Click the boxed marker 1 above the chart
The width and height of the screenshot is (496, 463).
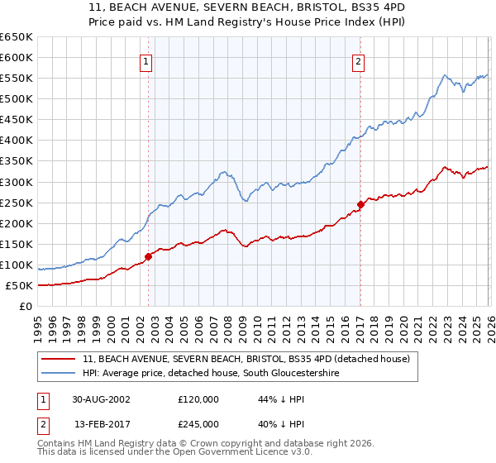pyautogui.click(x=145, y=60)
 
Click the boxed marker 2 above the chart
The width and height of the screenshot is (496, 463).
pyautogui.click(x=359, y=60)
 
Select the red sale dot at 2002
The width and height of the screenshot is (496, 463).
pyautogui.click(x=149, y=256)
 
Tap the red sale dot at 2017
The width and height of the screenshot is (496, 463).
pyautogui.click(x=360, y=204)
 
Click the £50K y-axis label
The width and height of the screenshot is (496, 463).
pyautogui.click(x=19, y=285)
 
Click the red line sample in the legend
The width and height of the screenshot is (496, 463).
pyautogui.click(x=59, y=359)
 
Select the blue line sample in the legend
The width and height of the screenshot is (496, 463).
pyautogui.click(x=59, y=374)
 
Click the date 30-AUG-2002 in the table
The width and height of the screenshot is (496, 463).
pyautogui.click(x=101, y=399)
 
